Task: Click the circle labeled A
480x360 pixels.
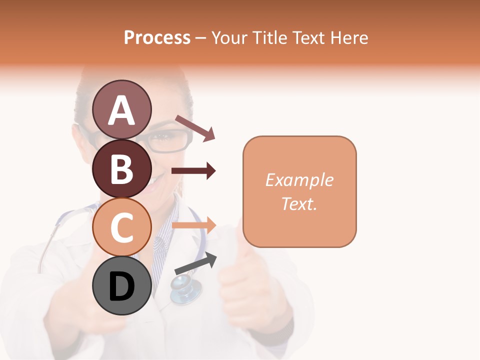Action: click(122, 109)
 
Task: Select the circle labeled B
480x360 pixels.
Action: click(122, 169)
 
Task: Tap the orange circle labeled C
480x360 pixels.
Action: click(122, 227)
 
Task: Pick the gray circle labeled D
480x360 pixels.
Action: click(122, 286)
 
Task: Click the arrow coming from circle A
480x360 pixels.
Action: click(195, 127)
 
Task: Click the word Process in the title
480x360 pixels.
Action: click(157, 37)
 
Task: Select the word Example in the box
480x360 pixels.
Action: click(299, 180)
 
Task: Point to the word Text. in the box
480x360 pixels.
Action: click(299, 203)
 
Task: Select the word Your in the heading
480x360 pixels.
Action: click(229, 37)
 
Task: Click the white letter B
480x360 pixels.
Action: click(122, 169)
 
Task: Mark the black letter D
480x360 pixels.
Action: click(122, 286)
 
